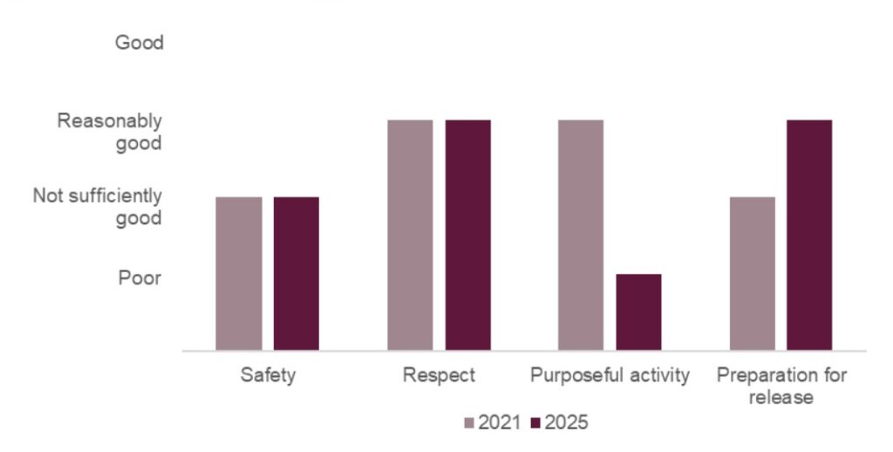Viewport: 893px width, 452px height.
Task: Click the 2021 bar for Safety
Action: pos(238,273)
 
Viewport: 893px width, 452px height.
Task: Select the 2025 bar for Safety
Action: pos(296,273)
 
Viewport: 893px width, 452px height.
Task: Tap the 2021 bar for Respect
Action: pos(410,235)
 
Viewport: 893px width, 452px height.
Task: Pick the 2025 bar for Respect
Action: pos(467,235)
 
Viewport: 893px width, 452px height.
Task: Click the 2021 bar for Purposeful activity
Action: pos(580,235)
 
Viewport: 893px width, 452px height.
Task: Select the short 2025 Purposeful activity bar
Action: pos(638,312)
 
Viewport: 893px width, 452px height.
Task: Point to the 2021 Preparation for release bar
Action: pos(752,273)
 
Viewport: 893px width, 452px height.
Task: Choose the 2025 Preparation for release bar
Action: pos(809,235)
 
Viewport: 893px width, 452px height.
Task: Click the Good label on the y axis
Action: pos(140,43)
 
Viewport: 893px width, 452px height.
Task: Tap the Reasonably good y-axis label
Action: pos(110,132)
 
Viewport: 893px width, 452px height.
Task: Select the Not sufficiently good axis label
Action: pos(98,208)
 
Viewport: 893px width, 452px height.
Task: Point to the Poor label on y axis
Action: pos(140,278)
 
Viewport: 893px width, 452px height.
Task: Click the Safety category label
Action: pos(268,376)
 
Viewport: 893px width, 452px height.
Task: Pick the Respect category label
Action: pos(439,376)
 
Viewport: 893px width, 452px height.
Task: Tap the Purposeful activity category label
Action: pos(610,376)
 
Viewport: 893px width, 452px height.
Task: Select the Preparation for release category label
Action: pos(781,386)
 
